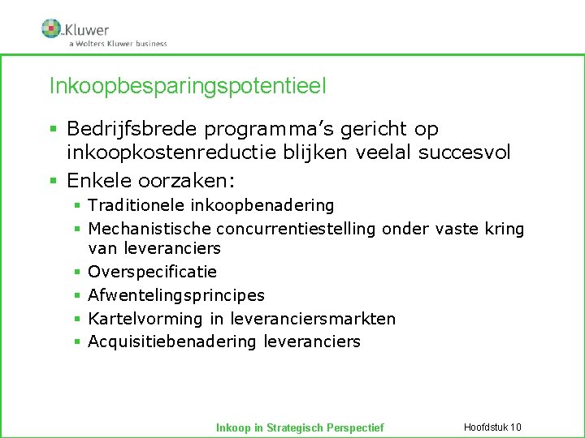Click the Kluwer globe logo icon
[x=51, y=28]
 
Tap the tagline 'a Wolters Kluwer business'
[x=118, y=44]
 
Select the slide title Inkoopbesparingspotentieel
[x=188, y=85]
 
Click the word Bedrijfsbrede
[x=133, y=129]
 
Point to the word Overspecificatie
[x=152, y=272]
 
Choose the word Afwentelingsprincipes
[x=176, y=295]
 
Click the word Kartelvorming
[x=141, y=319]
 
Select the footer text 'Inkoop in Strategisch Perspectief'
[x=299, y=427]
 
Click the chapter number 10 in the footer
[x=516, y=427]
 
